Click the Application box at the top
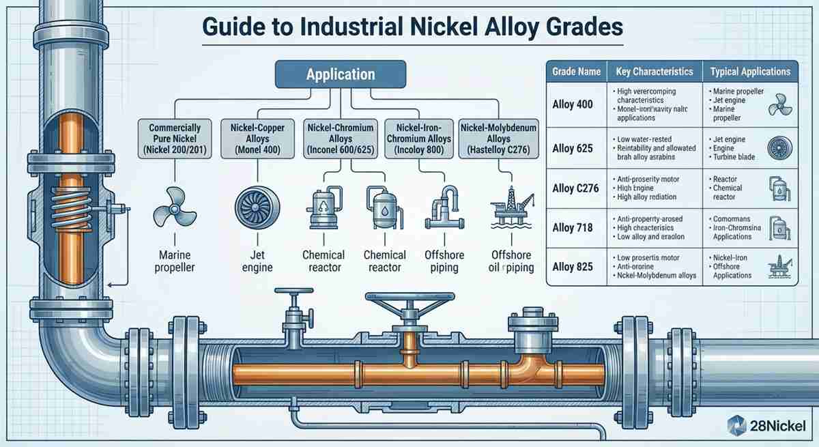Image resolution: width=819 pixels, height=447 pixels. click(x=341, y=74)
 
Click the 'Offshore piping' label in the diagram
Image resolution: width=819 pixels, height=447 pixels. click(x=444, y=261)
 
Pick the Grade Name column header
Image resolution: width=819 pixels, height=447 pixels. click(x=576, y=72)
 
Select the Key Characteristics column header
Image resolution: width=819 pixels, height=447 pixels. click(x=654, y=72)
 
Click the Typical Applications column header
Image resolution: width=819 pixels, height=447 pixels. click(x=750, y=72)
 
